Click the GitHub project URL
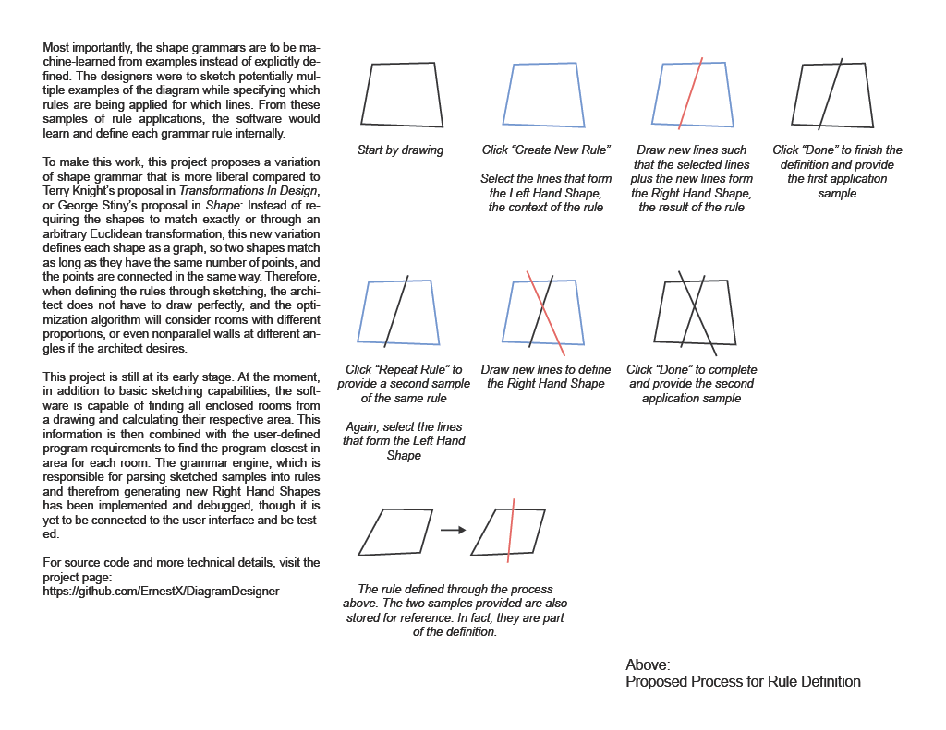[x=161, y=591]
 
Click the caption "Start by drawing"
[x=400, y=150]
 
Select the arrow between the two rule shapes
[x=452, y=530]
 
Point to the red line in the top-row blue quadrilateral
[x=690, y=92]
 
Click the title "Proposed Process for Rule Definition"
[x=743, y=682]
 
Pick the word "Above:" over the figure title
[x=648, y=664]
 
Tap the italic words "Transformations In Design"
[x=243, y=191]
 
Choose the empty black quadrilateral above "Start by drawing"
[x=402, y=93]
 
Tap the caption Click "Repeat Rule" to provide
[x=404, y=370]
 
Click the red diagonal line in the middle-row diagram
[x=544, y=313]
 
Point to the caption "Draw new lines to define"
[x=546, y=370]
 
